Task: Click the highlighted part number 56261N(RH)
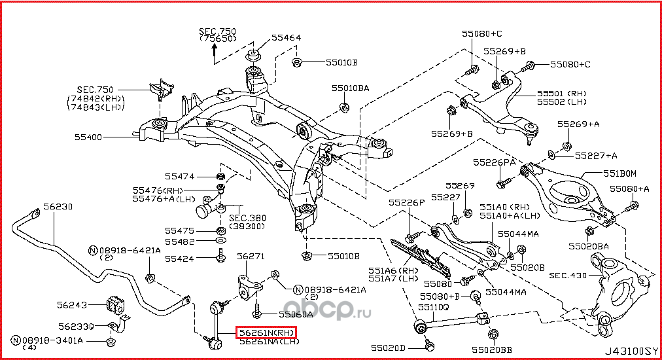266,333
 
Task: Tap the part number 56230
58,207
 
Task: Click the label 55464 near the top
286,38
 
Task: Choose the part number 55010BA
350,87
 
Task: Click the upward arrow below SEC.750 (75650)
214,55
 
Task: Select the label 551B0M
619,173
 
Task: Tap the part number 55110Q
433,306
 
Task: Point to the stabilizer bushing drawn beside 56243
114,304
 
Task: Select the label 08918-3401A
51,340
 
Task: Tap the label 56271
251,257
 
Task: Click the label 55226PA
495,161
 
